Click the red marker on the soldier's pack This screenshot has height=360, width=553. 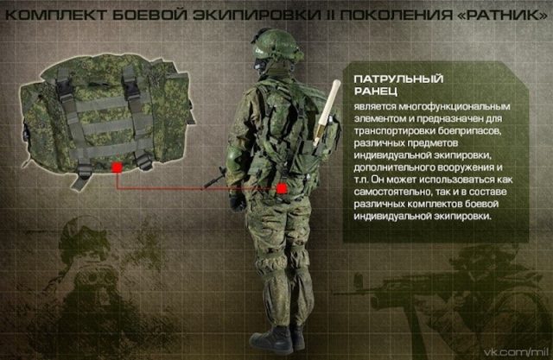coord(283,187)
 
